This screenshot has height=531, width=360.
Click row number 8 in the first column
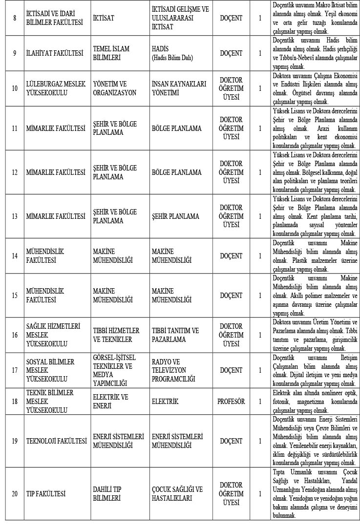pos(15,19)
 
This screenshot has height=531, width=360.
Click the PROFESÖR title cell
pos(231,402)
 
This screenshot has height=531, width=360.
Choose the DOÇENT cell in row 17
pos(231,370)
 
